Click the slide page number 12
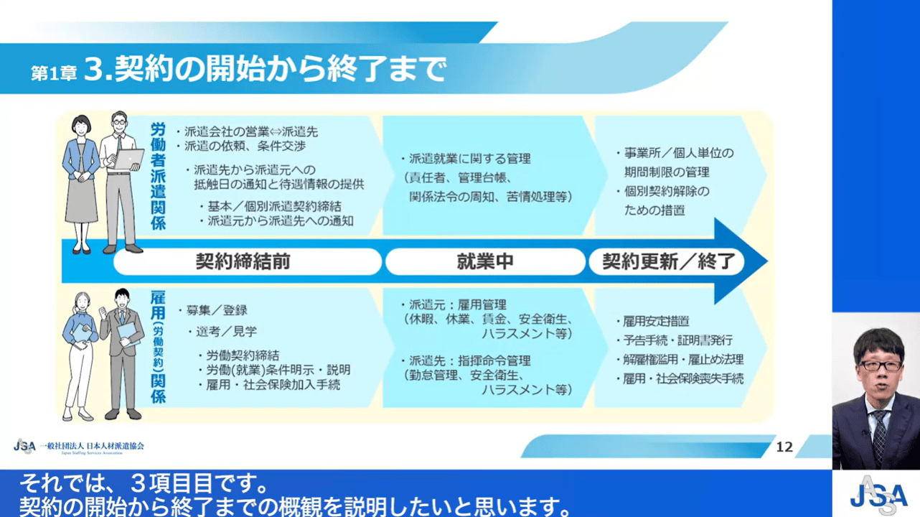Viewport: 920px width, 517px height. (784, 447)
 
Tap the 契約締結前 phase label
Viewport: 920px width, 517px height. (243, 261)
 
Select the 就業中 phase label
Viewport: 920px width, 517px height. (485, 261)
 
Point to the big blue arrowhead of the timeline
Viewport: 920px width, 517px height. (739, 261)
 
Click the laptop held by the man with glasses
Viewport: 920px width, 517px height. (128, 159)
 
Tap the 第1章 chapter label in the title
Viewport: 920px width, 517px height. (54, 74)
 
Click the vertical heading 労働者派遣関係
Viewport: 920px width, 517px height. (158, 177)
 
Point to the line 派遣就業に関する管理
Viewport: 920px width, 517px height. (466, 159)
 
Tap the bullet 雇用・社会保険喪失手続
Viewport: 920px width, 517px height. (680, 378)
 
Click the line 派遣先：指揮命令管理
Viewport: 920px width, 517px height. (466, 361)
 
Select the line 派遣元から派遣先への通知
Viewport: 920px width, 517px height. (276, 221)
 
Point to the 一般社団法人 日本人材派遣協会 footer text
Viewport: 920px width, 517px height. (92, 445)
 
